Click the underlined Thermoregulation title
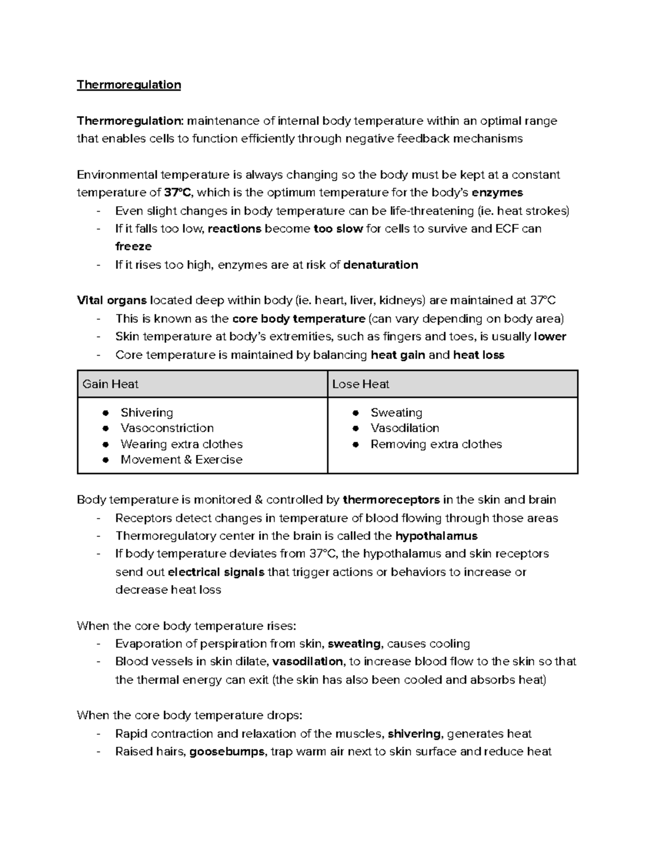(129, 85)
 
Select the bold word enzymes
(497, 193)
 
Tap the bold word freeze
(133, 246)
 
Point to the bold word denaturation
(381, 265)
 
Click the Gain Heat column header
(111, 384)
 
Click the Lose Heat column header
(361, 384)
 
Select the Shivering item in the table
(147, 412)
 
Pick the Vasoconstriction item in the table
(167, 428)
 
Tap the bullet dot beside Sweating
(355, 413)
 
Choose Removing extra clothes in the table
(436, 444)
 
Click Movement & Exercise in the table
(181, 460)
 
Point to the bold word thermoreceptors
(391, 500)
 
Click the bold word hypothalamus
(436, 536)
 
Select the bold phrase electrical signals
(216, 572)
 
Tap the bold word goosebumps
(227, 752)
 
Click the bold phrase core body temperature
(298, 319)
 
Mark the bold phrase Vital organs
(112, 301)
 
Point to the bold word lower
(550, 337)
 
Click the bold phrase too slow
(338, 229)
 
